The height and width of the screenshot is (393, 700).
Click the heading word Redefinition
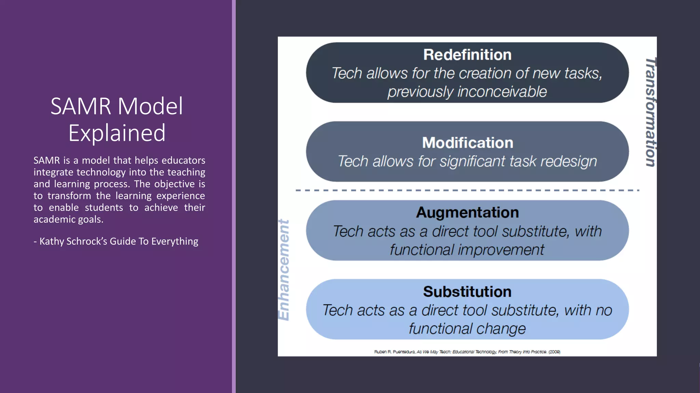tap(467, 55)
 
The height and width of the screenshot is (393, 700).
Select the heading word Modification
tap(468, 143)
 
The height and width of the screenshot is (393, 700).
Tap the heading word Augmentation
tap(467, 213)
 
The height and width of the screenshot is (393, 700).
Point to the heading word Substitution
tap(467, 292)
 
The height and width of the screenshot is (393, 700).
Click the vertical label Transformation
tap(650, 112)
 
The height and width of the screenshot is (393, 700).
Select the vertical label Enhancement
tap(284, 270)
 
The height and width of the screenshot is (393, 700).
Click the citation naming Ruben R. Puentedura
tap(467, 352)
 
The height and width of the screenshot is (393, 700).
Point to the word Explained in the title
tap(117, 133)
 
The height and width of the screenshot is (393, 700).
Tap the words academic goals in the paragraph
tap(68, 219)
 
